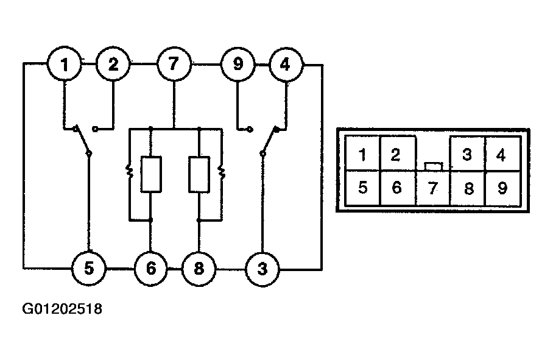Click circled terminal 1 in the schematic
64,64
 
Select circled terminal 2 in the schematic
113,64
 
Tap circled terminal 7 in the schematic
174,64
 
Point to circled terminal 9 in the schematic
238,65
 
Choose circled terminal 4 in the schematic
286,65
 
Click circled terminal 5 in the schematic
89,269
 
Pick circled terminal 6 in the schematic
151,269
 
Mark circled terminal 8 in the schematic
199,269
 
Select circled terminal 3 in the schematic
262,269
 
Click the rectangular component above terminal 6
151,175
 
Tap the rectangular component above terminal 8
199,175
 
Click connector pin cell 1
362,154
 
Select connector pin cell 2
398,154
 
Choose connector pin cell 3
468,154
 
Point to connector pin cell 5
362,188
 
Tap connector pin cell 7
433,188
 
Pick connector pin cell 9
503,188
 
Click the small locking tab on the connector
434,166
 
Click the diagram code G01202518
62,309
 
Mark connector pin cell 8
468,188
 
